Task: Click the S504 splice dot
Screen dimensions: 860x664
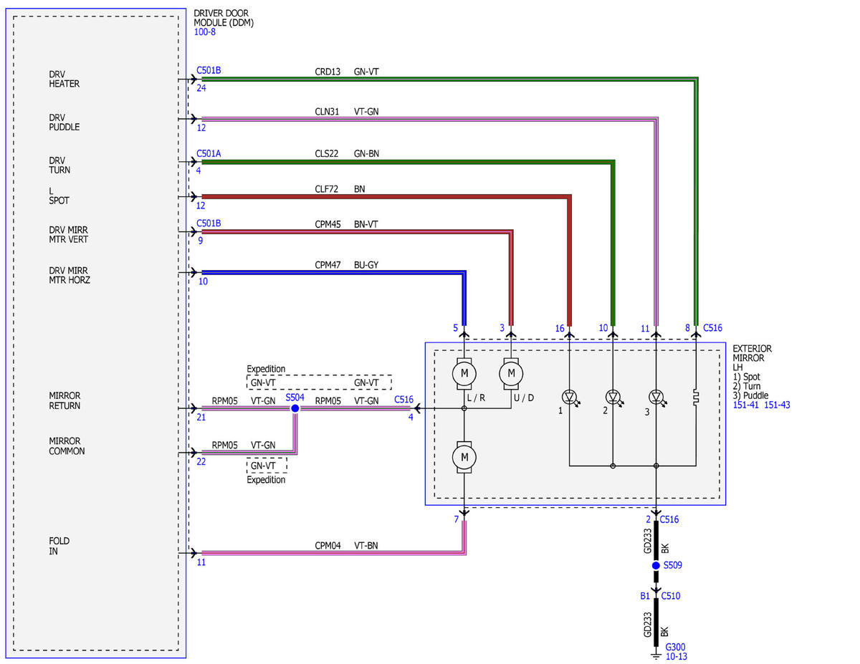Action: [x=295, y=408]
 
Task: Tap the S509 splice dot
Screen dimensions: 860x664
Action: [x=656, y=566]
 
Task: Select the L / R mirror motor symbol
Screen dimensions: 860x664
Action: [x=464, y=373]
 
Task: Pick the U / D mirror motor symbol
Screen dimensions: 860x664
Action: [x=511, y=373]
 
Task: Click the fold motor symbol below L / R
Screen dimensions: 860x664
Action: [x=464, y=457]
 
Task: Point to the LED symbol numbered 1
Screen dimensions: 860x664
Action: [x=570, y=397]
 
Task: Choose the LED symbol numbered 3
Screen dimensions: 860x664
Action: [x=657, y=397]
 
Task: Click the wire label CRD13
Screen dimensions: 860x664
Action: [x=328, y=72]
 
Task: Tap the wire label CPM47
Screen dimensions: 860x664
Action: [x=328, y=264]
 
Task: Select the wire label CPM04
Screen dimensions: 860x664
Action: [x=328, y=545]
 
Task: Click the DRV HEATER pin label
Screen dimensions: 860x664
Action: [x=64, y=79]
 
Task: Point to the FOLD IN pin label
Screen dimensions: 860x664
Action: [x=59, y=546]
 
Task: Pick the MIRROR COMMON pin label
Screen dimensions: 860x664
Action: [x=67, y=446]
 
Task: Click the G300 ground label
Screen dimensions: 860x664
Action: [x=675, y=647]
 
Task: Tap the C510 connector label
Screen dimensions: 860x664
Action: [x=670, y=595]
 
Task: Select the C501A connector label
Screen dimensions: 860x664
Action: [x=209, y=153]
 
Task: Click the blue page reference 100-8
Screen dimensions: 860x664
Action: [x=205, y=32]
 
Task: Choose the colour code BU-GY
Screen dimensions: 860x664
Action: [x=366, y=264]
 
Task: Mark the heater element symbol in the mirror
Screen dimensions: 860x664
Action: [x=696, y=397]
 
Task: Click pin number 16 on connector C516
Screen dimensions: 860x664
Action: [x=560, y=328]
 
